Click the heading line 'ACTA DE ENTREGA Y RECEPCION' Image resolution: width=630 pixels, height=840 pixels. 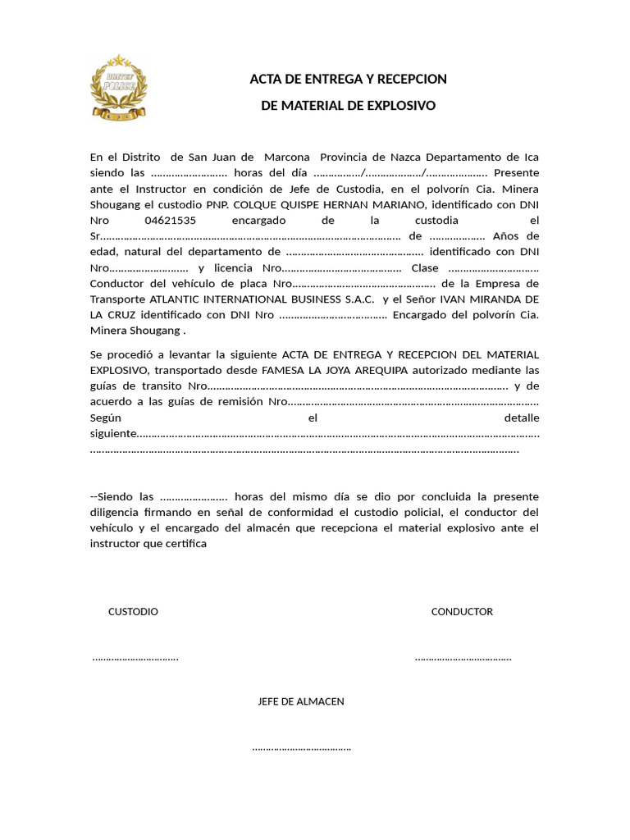click(x=348, y=79)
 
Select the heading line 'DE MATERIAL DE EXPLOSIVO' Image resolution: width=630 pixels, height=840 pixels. click(x=348, y=106)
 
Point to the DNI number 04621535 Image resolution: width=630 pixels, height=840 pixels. click(x=171, y=221)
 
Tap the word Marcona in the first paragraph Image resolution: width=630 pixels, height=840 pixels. click(x=287, y=157)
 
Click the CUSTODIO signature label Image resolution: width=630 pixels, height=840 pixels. click(x=133, y=612)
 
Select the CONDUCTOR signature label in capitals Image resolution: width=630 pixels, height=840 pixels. click(x=462, y=612)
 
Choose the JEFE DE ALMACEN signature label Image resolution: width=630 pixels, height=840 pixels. click(x=301, y=701)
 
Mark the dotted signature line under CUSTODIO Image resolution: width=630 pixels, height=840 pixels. click(x=135, y=658)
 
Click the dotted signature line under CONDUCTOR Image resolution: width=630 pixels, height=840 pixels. click(x=463, y=658)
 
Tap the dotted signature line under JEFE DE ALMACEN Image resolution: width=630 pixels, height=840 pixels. click(x=301, y=747)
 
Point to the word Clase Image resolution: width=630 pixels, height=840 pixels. click(x=425, y=268)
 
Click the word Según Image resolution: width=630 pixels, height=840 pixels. click(x=105, y=418)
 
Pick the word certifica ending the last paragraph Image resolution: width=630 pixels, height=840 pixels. click(x=185, y=544)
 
